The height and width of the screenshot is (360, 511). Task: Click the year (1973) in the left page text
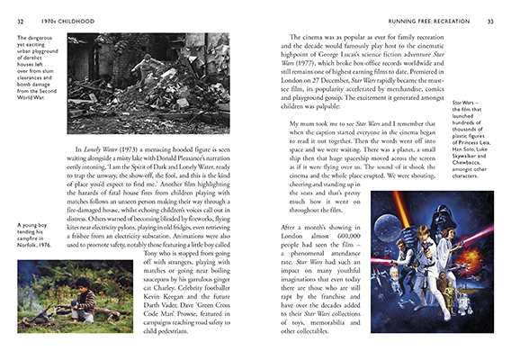pos(146,146)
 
